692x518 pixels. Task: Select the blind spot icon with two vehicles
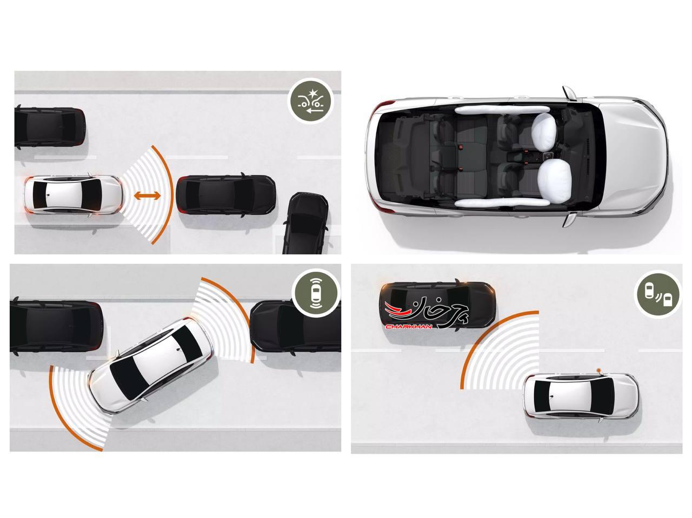(656, 294)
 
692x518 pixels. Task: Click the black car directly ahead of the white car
(226, 195)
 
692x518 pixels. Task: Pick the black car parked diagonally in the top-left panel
(305, 224)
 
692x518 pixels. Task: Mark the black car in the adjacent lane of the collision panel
(50, 127)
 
